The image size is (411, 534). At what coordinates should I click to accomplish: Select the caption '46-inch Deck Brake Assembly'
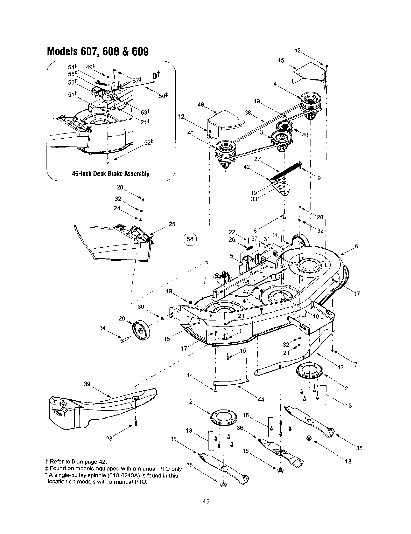click(x=111, y=173)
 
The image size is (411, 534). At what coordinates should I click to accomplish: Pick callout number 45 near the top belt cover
click(x=281, y=61)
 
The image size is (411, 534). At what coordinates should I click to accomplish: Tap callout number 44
click(x=261, y=399)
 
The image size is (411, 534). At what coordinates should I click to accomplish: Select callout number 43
click(x=341, y=367)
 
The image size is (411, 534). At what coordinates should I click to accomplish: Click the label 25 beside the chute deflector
click(x=172, y=224)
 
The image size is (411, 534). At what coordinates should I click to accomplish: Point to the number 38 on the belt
click(x=248, y=112)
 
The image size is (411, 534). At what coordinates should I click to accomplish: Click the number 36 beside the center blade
click(x=240, y=428)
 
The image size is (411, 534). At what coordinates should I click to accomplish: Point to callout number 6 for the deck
click(x=356, y=246)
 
